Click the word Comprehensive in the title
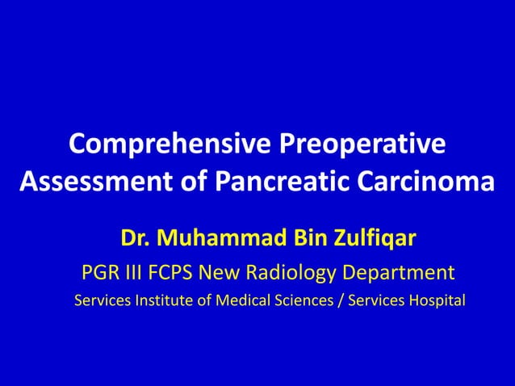click(170, 145)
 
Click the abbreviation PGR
click(100, 272)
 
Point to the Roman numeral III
click(138, 272)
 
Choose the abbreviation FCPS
click(180, 272)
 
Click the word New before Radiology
click(234, 272)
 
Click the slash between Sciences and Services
click(340, 301)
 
